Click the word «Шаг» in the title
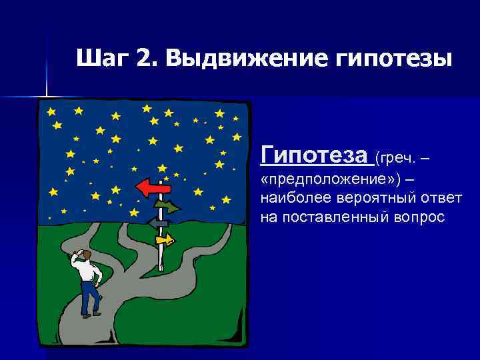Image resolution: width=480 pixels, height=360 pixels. tap(100, 59)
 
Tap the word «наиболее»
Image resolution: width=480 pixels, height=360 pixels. tap(290, 199)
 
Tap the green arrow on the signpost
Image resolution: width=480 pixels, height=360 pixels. tap(167, 207)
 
